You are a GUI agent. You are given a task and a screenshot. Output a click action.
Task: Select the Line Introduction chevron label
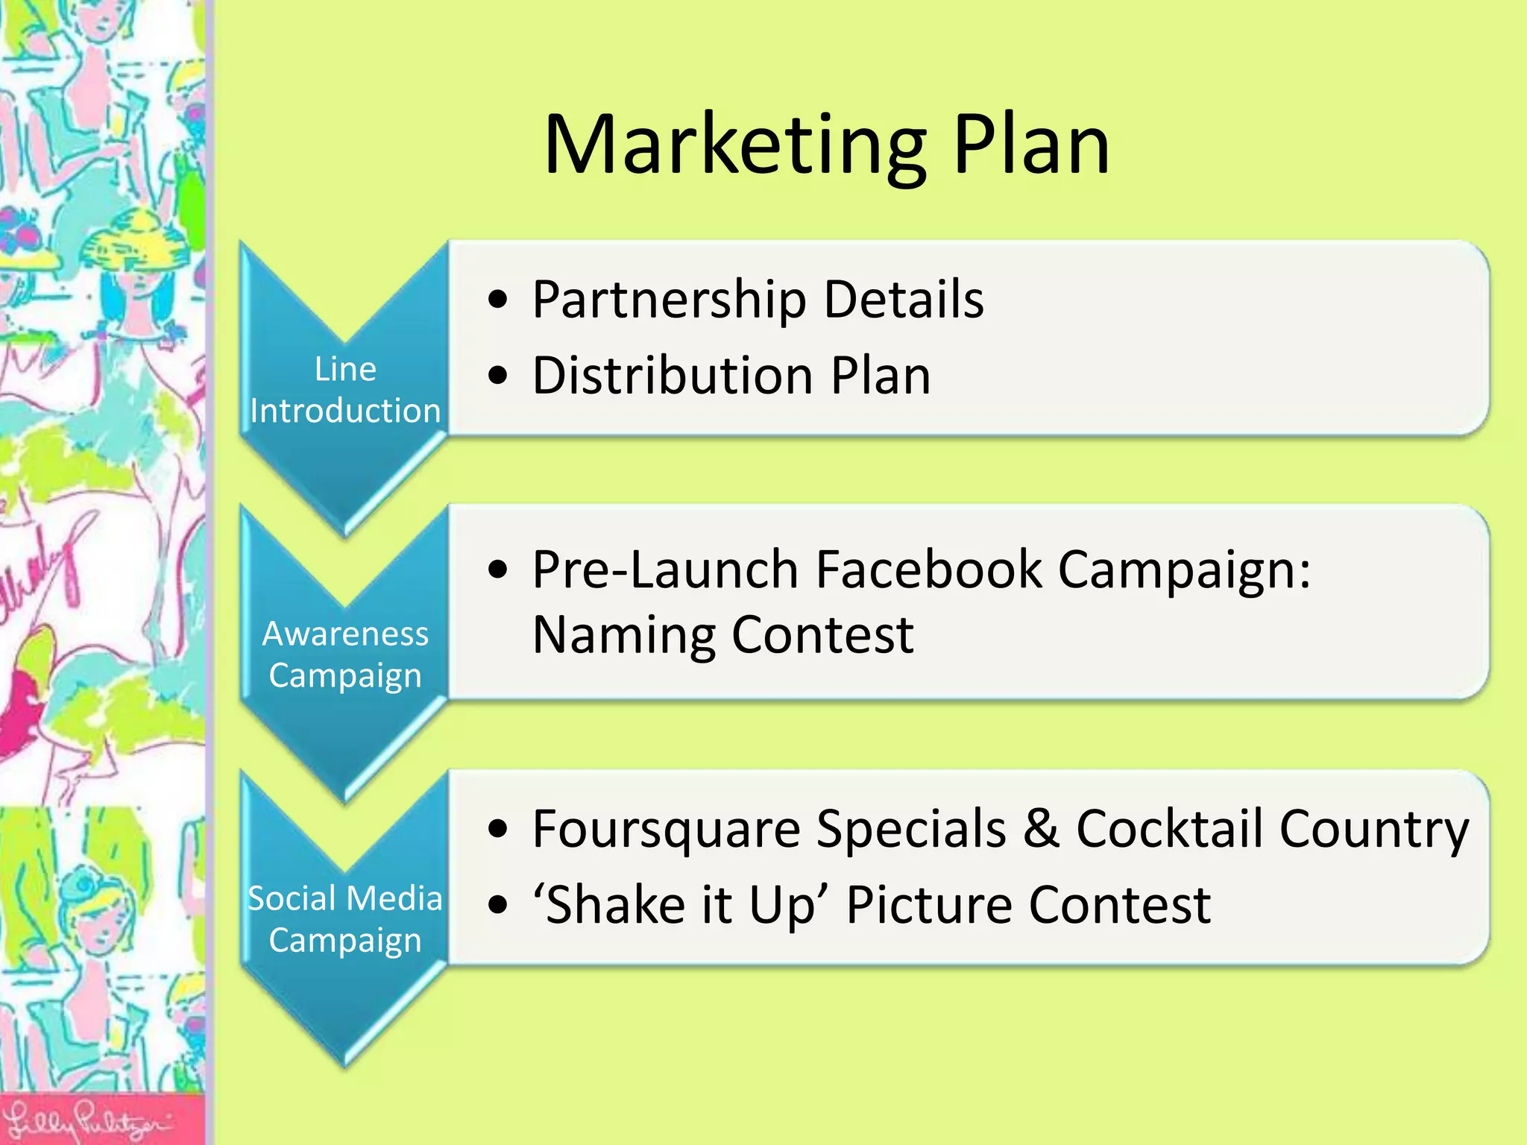(345, 390)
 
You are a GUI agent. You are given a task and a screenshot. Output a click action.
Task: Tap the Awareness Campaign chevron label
(345, 654)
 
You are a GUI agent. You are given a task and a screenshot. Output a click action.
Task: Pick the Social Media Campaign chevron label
(345, 919)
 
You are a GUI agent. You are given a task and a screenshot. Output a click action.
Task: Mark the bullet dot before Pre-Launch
(497, 571)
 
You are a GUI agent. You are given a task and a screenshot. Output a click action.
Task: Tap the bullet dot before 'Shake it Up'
(497, 906)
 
